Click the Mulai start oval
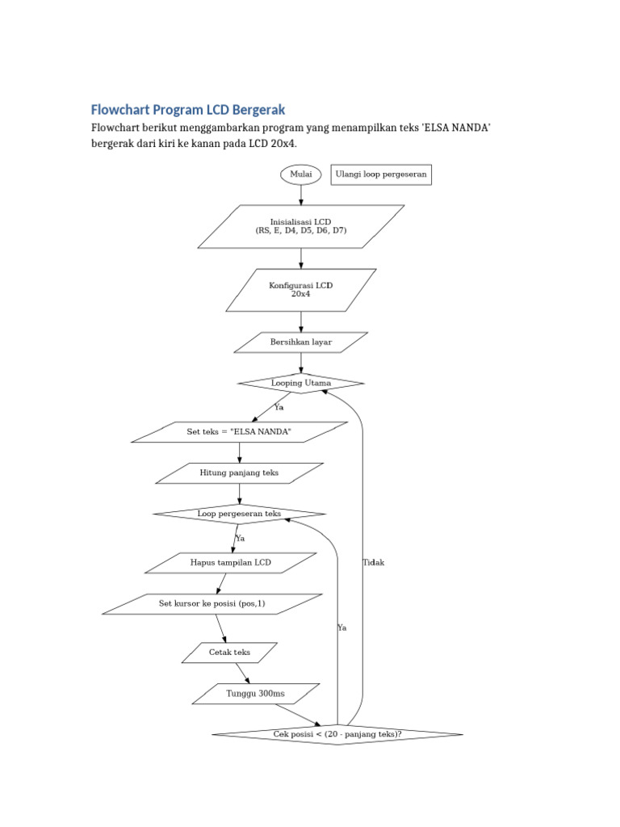[x=301, y=174]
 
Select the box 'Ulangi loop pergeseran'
[x=381, y=174]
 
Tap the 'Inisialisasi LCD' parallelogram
[x=301, y=226]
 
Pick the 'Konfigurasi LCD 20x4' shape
[x=301, y=290]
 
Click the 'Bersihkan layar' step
[x=301, y=342]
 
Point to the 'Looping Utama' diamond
[x=301, y=383]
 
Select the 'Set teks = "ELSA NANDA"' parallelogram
[x=239, y=432]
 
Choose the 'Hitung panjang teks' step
[x=239, y=473]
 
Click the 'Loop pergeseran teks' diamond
[x=239, y=514]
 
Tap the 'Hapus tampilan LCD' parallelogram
[x=231, y=563]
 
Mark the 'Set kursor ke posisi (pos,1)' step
[x=212, y=604]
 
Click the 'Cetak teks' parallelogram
[x=230, y=653]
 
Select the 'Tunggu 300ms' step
[x=256, y=694]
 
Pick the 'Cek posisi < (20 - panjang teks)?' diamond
[x=337, y=734]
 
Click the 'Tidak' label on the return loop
[x=374, y=563]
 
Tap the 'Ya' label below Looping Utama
[x=279, y=408]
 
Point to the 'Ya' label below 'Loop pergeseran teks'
[x=240, y=539]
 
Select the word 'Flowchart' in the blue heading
[x=117, y=109]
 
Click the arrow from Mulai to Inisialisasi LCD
[x=301, y=194]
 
